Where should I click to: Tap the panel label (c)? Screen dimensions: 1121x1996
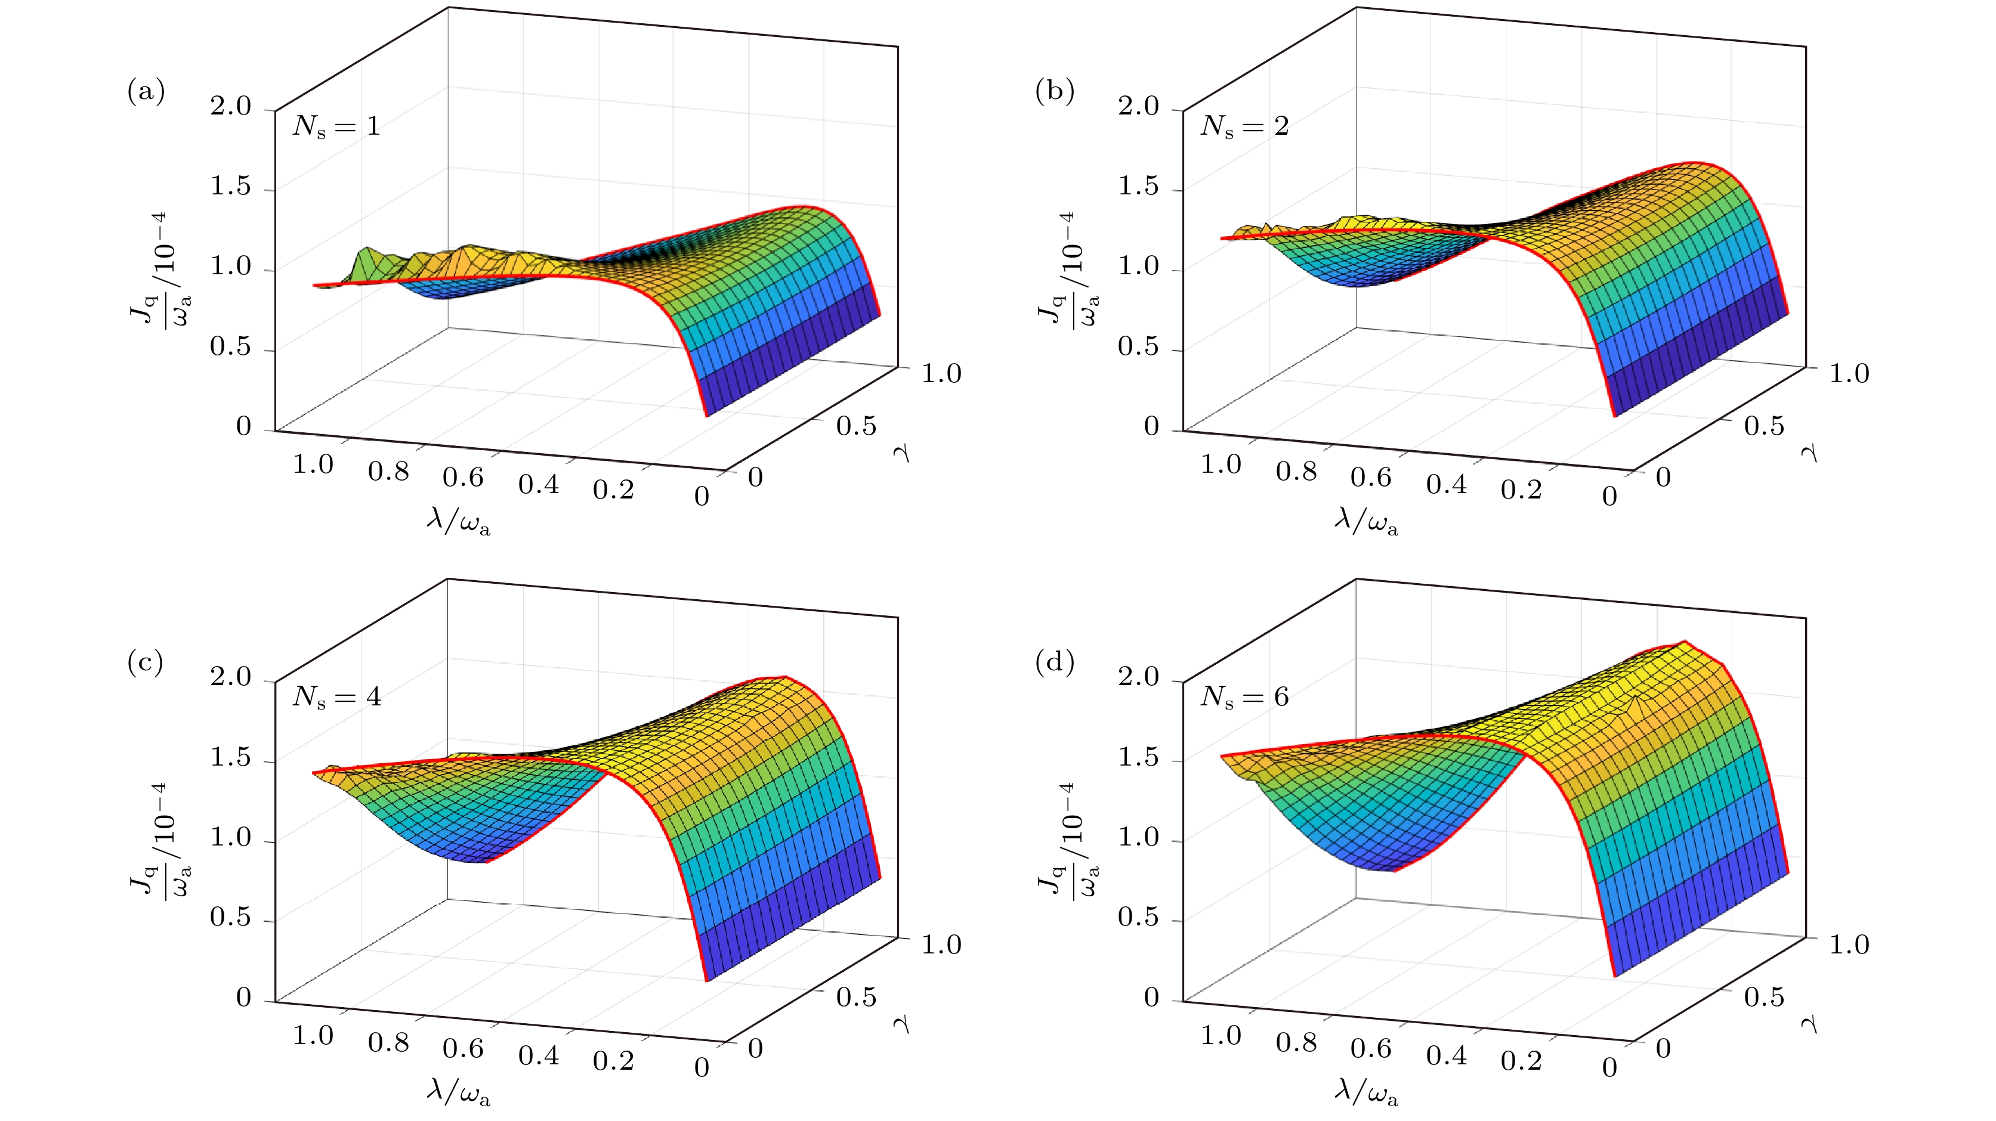(146, 663)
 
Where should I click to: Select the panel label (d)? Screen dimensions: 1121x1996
(1054, 663)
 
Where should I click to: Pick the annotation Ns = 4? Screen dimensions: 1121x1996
(336, 697)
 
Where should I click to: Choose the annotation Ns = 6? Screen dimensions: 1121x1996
(1244, 697)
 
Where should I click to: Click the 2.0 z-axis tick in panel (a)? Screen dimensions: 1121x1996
(231, 106)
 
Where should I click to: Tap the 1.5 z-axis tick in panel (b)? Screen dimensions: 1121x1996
(1138, 187)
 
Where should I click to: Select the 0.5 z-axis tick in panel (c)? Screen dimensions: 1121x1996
(231, 917)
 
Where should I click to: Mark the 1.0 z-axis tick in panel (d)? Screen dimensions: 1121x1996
(1138, 837)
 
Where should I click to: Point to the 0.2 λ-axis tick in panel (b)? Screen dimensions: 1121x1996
(1521, 490)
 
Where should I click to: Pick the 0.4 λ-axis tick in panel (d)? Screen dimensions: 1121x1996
(1446, 1055)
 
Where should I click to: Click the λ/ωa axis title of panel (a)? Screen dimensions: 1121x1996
(459, 521)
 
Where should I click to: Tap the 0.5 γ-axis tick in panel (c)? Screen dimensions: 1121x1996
(856, 997)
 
